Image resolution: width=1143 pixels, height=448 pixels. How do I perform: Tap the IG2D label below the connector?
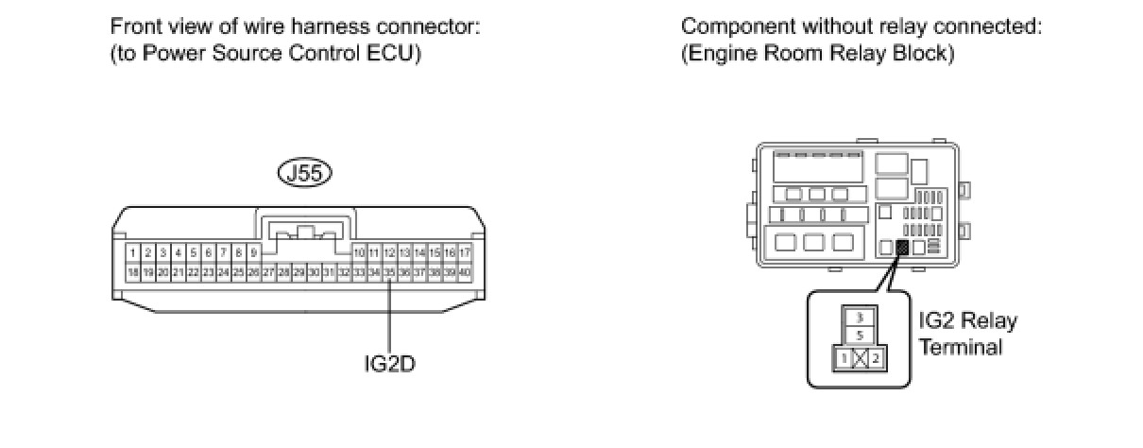[389, 362]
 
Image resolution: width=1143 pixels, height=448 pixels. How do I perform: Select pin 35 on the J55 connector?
[389, 272]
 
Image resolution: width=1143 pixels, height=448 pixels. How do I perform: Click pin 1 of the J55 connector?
[134, 253]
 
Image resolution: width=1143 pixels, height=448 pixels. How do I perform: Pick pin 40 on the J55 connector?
[464, 272]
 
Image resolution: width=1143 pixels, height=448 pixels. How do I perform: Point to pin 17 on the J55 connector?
[464, 253]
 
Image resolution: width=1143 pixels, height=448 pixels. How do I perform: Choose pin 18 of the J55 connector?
[134, 272]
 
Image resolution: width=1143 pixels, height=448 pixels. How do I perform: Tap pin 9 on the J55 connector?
[253, 253]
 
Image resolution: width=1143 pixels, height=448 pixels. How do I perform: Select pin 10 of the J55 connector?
[359, 253]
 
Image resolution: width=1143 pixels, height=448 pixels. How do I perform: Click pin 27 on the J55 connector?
[268, 272]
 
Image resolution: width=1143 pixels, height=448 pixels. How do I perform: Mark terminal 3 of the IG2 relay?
[859, 318]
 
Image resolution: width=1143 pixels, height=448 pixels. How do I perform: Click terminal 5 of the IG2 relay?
[859, 335]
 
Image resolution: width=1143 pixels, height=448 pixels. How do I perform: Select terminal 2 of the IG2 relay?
[877, 358]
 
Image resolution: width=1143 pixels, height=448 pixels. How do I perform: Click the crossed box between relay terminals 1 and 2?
[859, 358]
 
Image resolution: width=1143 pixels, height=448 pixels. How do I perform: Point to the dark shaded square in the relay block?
[901, 249]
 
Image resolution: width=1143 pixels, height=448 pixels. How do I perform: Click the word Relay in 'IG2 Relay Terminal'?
[988, 321]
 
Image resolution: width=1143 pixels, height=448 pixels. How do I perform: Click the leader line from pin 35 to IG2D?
[389, 312]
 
